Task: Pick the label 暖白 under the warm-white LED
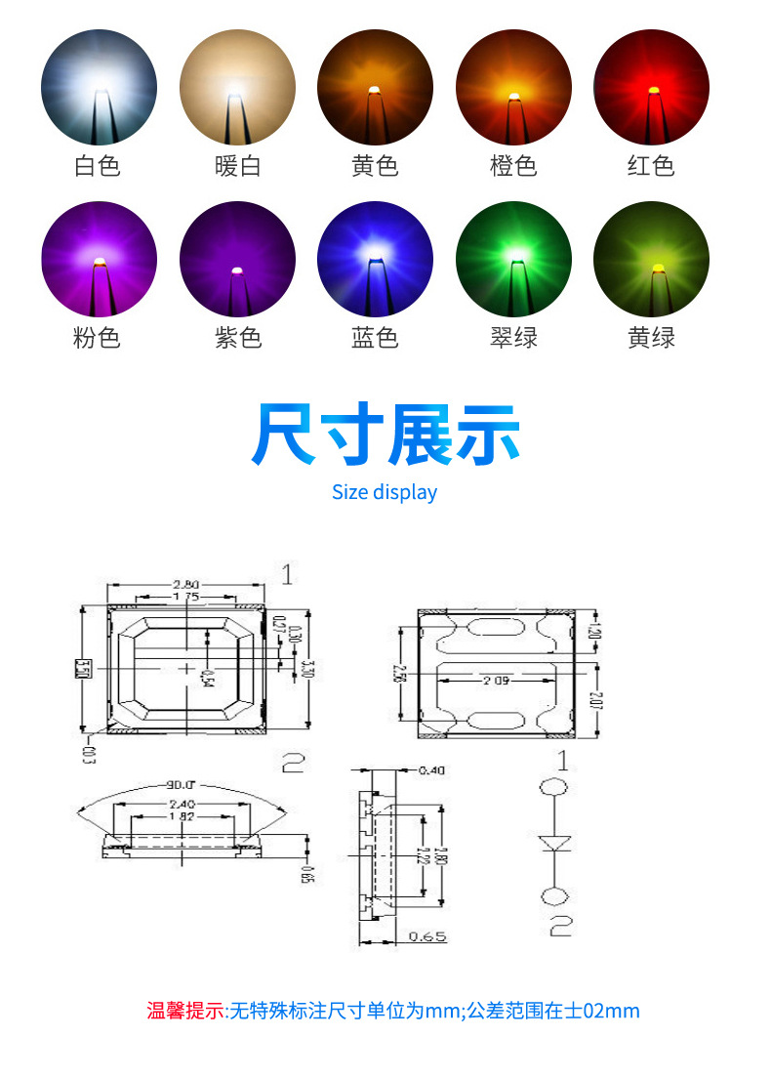click(x=237, y=166)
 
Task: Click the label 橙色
click(x=513, y=166)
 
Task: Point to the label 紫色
click(x=237, y=338)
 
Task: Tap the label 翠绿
click(x=513, y=338)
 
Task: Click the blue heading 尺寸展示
click(x=385, y=436)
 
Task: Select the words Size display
click(x=385, y=492)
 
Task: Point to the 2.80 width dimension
click(x=185, y=585)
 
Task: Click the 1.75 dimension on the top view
click(x=185, y=597)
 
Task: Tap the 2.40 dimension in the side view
click(x=180, y=804)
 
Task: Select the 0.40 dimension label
click(x=430, y=770)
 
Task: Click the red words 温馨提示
click(x=185, y=1011)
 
